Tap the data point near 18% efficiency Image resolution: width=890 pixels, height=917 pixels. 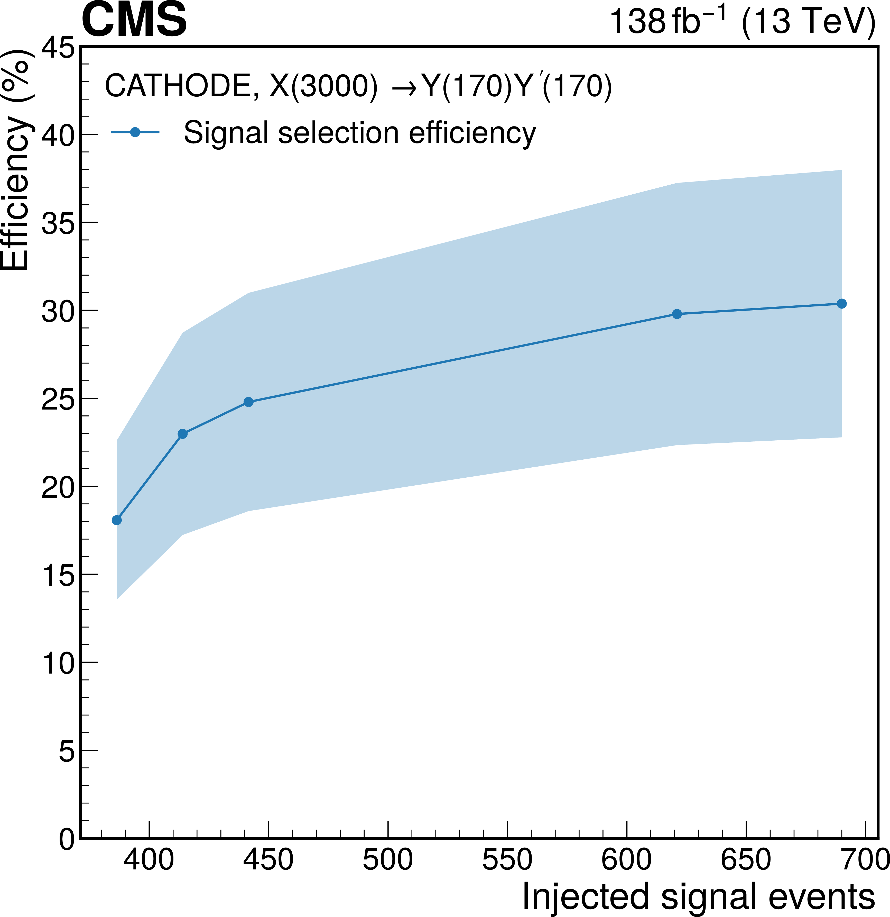coord(117,520)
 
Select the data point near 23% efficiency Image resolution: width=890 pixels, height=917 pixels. coord(183,434)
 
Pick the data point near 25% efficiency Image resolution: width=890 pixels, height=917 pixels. coord(248,402)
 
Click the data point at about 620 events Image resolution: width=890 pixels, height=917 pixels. coord(677,314)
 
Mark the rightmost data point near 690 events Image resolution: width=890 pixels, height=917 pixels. coord(841,304)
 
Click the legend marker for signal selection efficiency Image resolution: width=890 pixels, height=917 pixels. coord(135,132)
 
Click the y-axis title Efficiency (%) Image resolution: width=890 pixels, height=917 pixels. coord(16,159)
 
